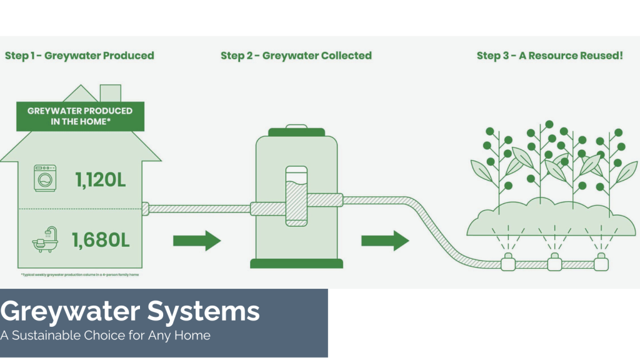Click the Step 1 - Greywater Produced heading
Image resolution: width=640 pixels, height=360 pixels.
click(79, 56)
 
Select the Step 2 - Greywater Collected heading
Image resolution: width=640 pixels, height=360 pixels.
click(296, 56)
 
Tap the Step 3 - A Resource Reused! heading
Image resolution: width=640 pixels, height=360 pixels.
click(549, 56)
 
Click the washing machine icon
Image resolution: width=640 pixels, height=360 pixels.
click(45, 178)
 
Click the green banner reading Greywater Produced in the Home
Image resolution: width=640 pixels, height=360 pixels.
click(80, 116)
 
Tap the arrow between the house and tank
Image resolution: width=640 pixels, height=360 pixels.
click(197, 240)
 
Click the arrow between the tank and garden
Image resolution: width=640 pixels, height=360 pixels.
click(385, 240)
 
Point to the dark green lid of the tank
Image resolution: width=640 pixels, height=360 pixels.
click(297, 131)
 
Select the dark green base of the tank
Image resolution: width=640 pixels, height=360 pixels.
click(296, 262)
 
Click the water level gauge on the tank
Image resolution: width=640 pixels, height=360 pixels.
click(296, 196)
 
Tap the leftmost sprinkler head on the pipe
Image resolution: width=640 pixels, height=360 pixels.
click(509, 263)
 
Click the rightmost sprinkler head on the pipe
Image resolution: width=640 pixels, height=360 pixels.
click(600, 263)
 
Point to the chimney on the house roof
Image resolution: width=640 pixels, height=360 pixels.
click(110, 92)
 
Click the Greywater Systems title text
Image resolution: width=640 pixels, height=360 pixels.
click(130, 311)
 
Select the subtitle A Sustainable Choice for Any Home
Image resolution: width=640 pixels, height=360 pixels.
click(105, 336)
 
